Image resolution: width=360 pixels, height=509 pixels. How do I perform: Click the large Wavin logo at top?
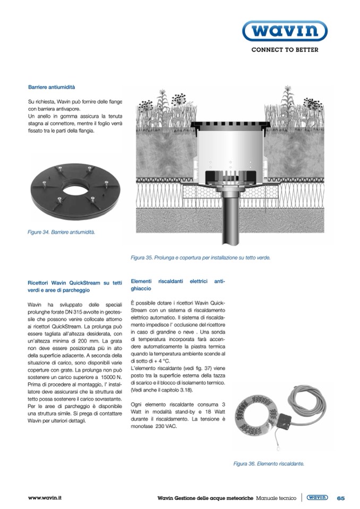pyautogui.click(x=285, y=31)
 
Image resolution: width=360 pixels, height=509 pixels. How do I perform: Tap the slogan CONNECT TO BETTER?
pyautogui.click(x=285, y=50)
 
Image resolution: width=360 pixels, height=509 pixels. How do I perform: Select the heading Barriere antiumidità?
pyautogui.click(x=52, y=86)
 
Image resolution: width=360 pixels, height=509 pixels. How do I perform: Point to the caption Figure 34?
pyautogui.click(x=62, y=232)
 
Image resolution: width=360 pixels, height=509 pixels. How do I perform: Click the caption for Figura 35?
pyautogui.click(x=201, y=258)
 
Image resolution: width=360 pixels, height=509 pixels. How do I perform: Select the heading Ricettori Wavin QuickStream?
pyautogui.click(x=75, y=287)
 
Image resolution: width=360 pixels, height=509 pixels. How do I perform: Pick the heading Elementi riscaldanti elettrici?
pyautogui.click(x=178, y=284)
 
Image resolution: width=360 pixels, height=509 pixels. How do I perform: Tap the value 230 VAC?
pyautogui.click(x=165, y=426)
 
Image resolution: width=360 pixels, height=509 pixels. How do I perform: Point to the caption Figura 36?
pyautogui.click(x=269, y=464)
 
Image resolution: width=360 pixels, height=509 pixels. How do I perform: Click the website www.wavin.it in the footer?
pyautogui.click(x=45, y=498)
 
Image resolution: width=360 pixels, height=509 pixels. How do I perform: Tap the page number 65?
pyautogui.click(x=340, y=498)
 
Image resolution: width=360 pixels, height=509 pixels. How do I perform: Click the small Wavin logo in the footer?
pyautogui.click(x=317, y=498)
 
